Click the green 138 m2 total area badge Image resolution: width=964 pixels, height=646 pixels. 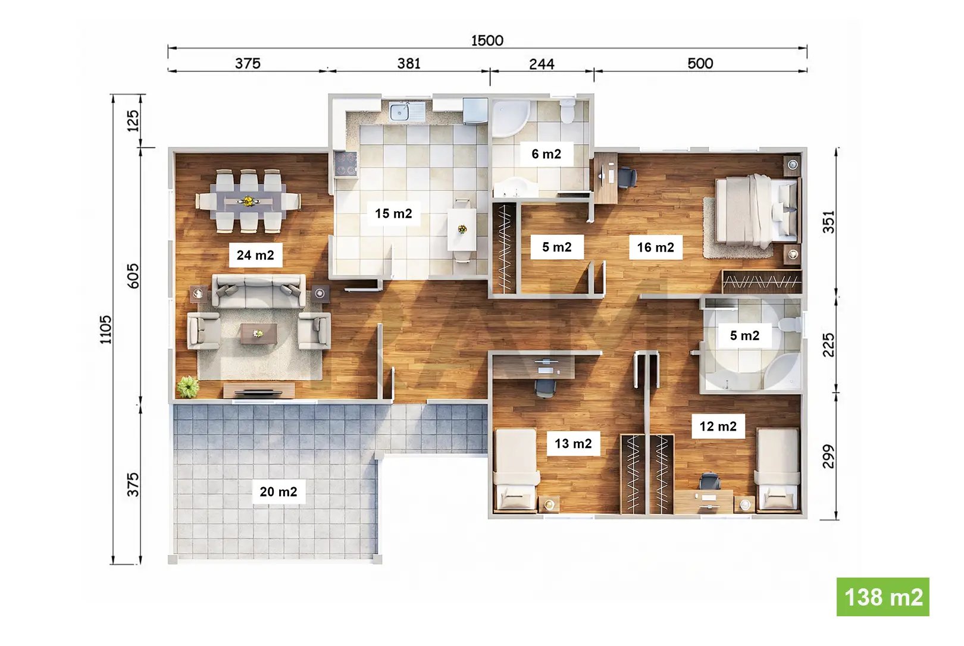click(x=882, y=597)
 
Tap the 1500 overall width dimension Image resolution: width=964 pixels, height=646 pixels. click(x=487, y=40)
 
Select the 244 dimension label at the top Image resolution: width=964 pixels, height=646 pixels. click(x=542, y=64)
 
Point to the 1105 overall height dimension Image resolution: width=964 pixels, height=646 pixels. click(x=106, y=330)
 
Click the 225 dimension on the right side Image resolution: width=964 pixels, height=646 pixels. click(x=828, y=345)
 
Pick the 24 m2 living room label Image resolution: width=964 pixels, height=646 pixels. click(x=255, y=255)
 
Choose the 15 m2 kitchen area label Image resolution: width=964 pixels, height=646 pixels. click(x=393, y=214)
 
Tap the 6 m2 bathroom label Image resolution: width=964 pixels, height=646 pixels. click(x=546, y=153)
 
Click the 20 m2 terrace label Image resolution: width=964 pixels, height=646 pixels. click(x=278, y=491)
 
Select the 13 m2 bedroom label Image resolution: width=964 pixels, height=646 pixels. click(x=573, y=443)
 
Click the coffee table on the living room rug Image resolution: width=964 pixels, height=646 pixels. click(x=259, y=334)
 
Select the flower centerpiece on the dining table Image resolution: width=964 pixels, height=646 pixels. click(x=248, y=201)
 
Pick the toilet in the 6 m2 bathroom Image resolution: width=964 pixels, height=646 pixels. click(x=568, y=111)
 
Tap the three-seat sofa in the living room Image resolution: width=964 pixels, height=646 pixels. click(x=259, y=291)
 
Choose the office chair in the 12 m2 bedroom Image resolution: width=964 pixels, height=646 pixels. click(x=709, y=481)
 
